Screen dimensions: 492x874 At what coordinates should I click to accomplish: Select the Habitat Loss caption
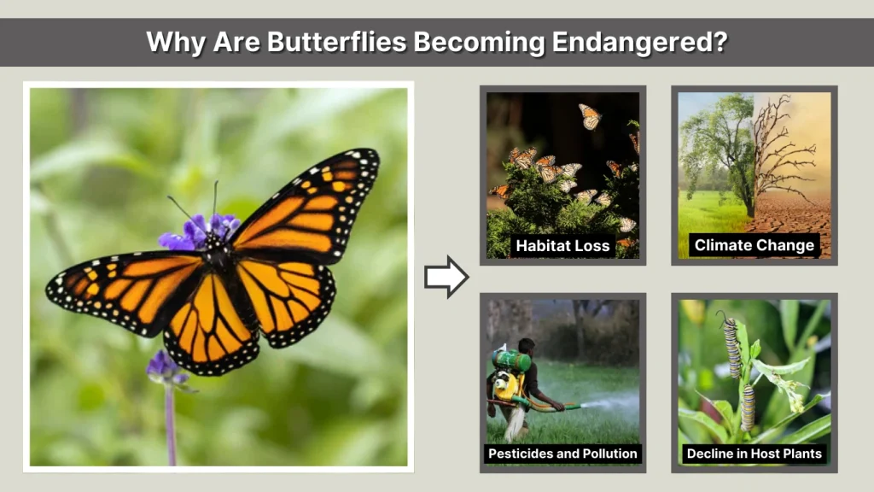[562, 246]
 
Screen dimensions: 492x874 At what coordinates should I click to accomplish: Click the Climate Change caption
[755, 246]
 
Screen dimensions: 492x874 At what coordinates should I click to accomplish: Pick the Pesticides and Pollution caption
[562, 454]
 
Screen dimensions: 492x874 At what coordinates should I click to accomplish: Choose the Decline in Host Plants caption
[755, 454]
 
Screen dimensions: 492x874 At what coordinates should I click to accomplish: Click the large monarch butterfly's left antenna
[181, 207]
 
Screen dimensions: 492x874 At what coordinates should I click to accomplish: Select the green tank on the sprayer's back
[510, 360]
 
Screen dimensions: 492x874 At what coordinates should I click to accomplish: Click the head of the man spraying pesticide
[527, 347]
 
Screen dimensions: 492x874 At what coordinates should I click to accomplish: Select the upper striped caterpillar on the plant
[731, 346]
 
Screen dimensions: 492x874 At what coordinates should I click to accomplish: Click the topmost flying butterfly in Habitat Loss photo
[589, 116]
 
